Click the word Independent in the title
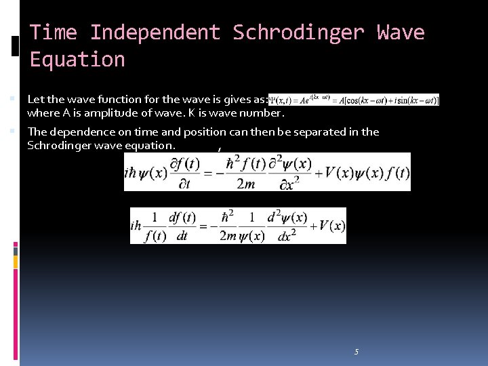155,33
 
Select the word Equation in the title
77,60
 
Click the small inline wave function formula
354,100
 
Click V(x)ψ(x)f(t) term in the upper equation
367,172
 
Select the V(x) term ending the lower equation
331,226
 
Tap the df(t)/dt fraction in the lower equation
182,226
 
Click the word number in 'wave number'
255,113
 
